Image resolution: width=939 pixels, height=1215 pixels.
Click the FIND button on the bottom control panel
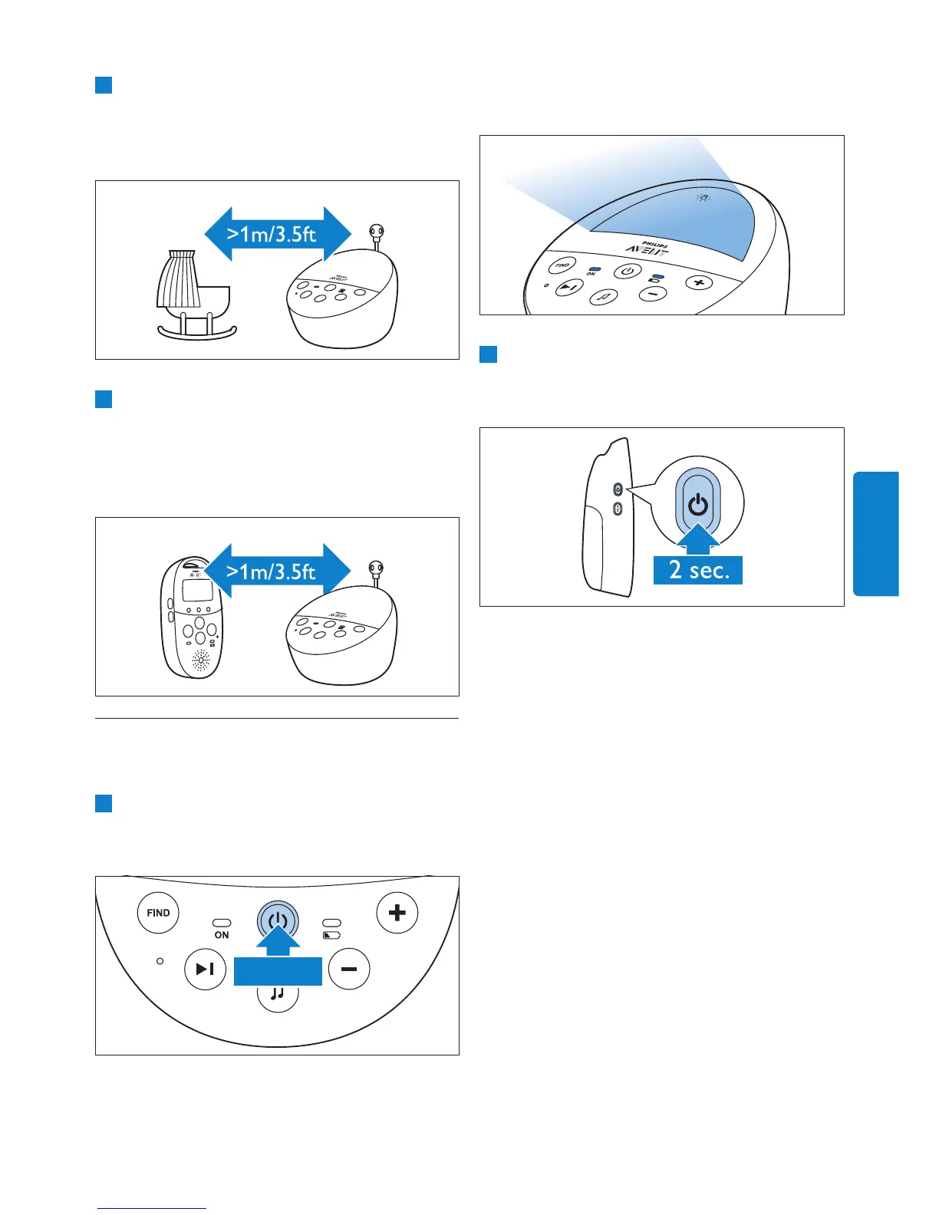(x=158, y=913)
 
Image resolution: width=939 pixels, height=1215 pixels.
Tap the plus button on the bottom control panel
(x=397, y=913)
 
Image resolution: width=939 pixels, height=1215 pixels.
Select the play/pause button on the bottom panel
(x=205, y=970)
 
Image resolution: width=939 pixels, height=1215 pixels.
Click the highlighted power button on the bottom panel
(x=278, y=921)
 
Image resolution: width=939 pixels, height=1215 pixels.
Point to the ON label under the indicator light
(x=222, y=935)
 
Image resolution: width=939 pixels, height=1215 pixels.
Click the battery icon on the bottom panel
(x=331, y=936)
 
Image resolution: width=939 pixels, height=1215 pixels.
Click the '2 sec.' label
(x=698, y=570)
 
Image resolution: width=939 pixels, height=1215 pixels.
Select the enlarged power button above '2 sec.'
(x=697, y=505)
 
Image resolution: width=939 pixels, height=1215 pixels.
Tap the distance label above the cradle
(x=272, y=234)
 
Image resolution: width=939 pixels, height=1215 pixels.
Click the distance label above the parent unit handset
(x=272, y=571)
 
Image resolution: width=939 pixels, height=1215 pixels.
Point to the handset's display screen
(x=197, y=590)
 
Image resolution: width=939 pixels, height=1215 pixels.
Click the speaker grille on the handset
(x=201, y=660)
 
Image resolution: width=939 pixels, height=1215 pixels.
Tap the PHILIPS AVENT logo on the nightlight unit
(x=647, y=248)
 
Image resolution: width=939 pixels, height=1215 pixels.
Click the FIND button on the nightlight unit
(x=562, y=265)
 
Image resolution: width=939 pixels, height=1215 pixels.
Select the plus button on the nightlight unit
(x=698, y=283)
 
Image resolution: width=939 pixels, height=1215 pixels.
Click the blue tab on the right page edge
(x=875, y=534)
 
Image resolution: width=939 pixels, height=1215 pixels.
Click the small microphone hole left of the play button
(x=160, y=961)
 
